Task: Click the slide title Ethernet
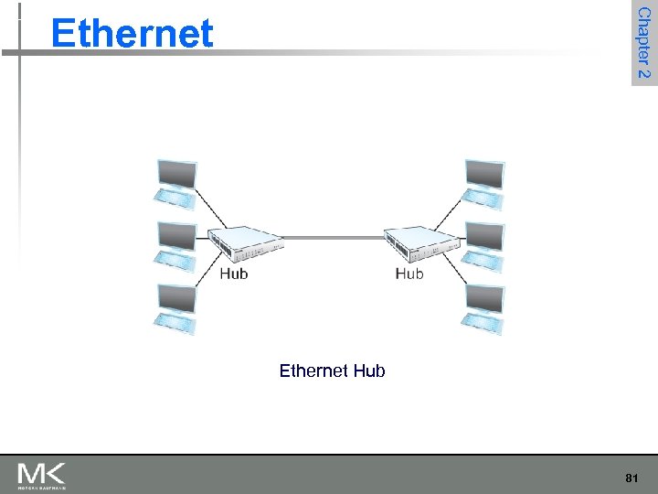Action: (x=133, y=34)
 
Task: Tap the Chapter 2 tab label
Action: (x=643, y=43)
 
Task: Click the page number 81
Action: (x=631, y=478)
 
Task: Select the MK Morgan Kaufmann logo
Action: (x=41, y=476)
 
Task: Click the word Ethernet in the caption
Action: (x=313, y=370)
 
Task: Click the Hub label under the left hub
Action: (x=233, y=273)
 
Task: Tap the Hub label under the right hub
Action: (x=409, y=273)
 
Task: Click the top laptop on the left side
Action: (x=175, y=184)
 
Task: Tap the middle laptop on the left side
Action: (x=175, y=245)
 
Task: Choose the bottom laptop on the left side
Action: (x=175, y=308)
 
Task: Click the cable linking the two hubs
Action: (x=333, y=239)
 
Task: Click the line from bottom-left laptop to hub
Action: (x=211, y=279)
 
